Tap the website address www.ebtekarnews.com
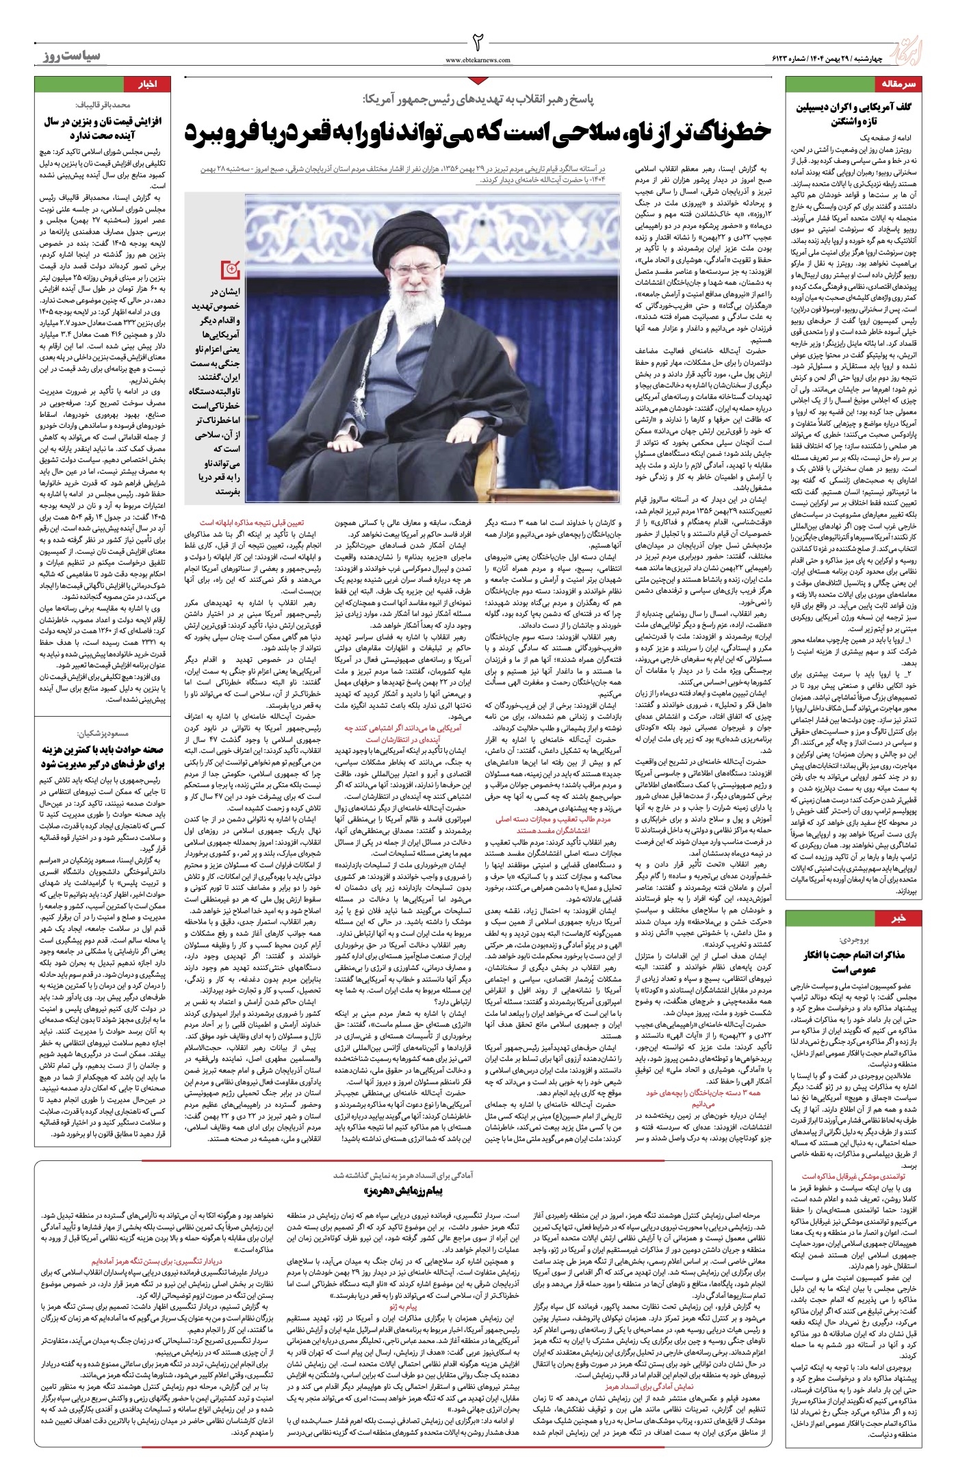[x=478, y=60]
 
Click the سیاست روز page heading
[x=68, y=55]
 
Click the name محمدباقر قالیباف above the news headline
[x=103, y=105]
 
